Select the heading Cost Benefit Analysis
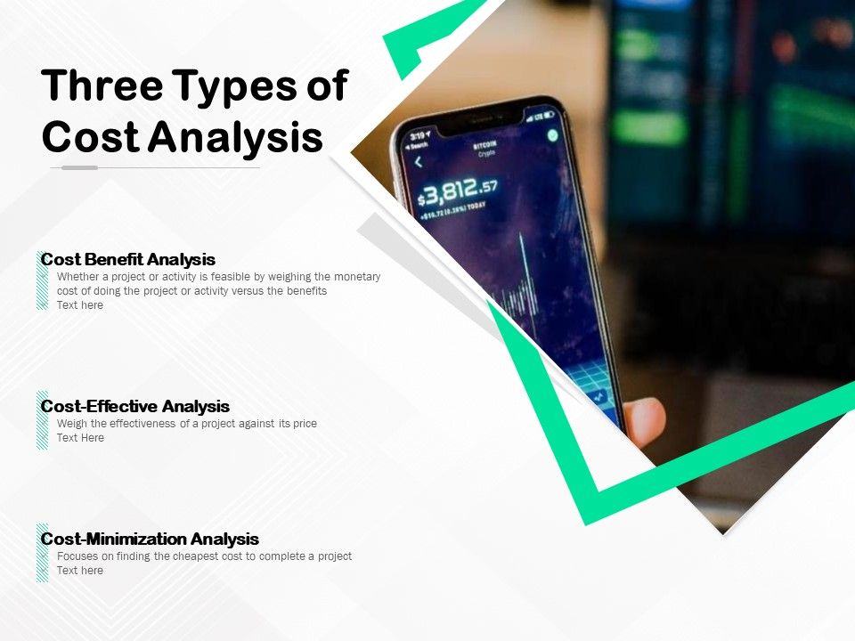[128, 260]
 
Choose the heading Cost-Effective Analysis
[135, 407]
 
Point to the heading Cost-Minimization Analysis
[150, 540]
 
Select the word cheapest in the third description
[199, 556]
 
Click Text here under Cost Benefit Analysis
[80, 305]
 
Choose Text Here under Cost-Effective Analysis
[80, 438]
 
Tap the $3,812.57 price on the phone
[459, 191]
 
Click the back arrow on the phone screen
[419, 162]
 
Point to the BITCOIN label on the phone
[484, 144]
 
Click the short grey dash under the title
[80, 167]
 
